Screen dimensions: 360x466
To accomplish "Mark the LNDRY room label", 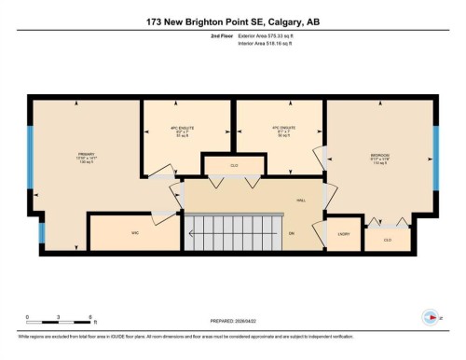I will point(343,234).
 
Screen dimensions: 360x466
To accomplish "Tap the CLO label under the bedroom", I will point(387,240).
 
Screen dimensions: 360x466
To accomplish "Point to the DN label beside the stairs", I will point(291,234).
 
